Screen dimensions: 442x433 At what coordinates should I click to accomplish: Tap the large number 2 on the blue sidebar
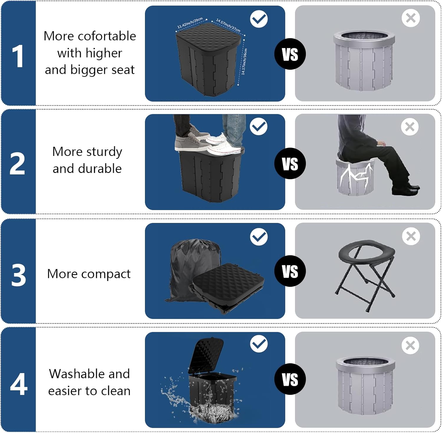coord(17,164)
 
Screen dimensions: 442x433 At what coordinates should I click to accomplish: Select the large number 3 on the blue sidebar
coord(19,275)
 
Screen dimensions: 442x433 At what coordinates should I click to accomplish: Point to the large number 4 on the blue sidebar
coord(19,384)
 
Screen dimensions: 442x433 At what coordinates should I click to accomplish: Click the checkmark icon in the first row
coord(259,19)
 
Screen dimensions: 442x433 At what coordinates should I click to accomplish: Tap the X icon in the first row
coord(410,18)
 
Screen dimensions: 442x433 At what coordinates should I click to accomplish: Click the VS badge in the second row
coord(290,164)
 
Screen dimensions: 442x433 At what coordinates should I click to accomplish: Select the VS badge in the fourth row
coord(290,379)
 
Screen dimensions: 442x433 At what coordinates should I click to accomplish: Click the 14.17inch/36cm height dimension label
coord(244,61)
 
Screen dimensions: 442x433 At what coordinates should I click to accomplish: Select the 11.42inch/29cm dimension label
coord(190,23)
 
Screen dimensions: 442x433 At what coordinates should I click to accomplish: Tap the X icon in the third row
coord(411,236)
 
